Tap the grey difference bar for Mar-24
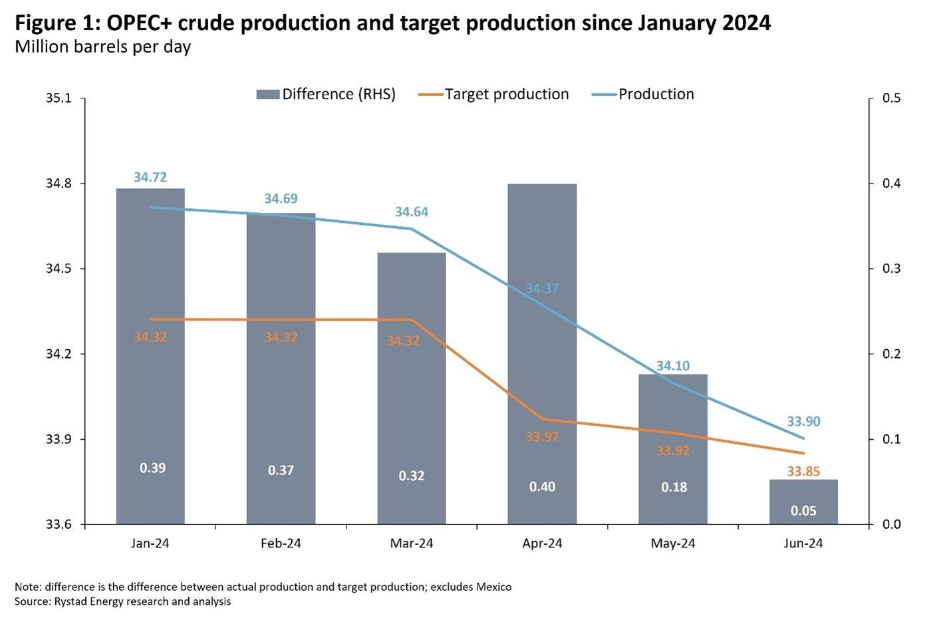(x=412, y=399)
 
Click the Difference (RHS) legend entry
(x=326, y=94)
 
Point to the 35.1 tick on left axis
(x=58, y=98)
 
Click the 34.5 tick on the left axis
(x=58, y=269)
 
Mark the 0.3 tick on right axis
(x=891, y=269)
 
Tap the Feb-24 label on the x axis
(x=281, y=544)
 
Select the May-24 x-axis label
(x=673, y=544)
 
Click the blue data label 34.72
(x=150, y=178)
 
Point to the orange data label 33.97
(x=542, y=437)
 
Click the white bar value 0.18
(x=674, y=488)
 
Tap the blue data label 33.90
(x=803, y=422)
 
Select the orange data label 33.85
(x=803, y=472)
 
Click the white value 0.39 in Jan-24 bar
(x=152, y=468)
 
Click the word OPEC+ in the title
(x=137, y=23)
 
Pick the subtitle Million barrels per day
(x=103, y=47)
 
